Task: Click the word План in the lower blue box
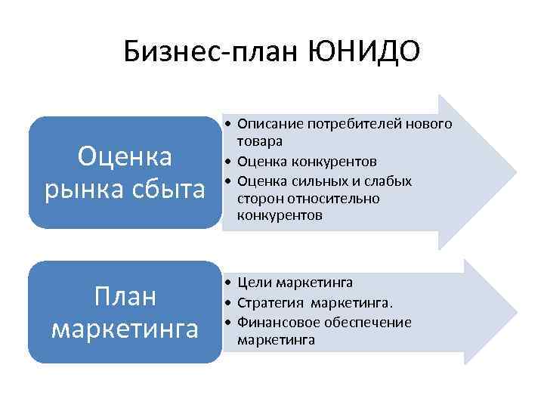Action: (x=125, y=296)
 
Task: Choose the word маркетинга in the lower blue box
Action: (x=125, y=329)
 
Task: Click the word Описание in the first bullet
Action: (x=266, y=123)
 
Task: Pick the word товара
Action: (x=259, y=141)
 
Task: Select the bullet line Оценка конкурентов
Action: (x=301, y=161)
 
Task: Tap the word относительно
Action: (x=323, y=198)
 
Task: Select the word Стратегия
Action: (x=268, y=303)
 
